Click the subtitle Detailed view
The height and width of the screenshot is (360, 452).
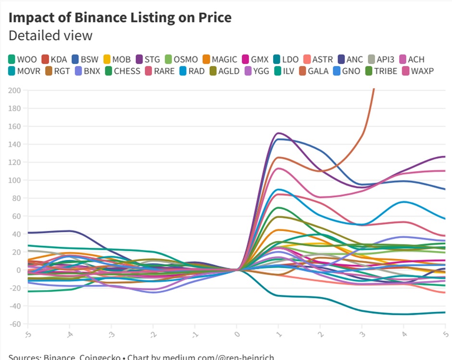[x=50, y=36]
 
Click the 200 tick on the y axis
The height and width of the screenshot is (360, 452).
[x=14, y=90]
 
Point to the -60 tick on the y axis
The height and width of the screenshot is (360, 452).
[x=14, y=323]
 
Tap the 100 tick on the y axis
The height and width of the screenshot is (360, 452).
[x=14, y=180]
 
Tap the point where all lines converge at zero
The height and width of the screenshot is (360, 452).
[x=237, y=270]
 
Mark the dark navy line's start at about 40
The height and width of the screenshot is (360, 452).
[x=29, y=233]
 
